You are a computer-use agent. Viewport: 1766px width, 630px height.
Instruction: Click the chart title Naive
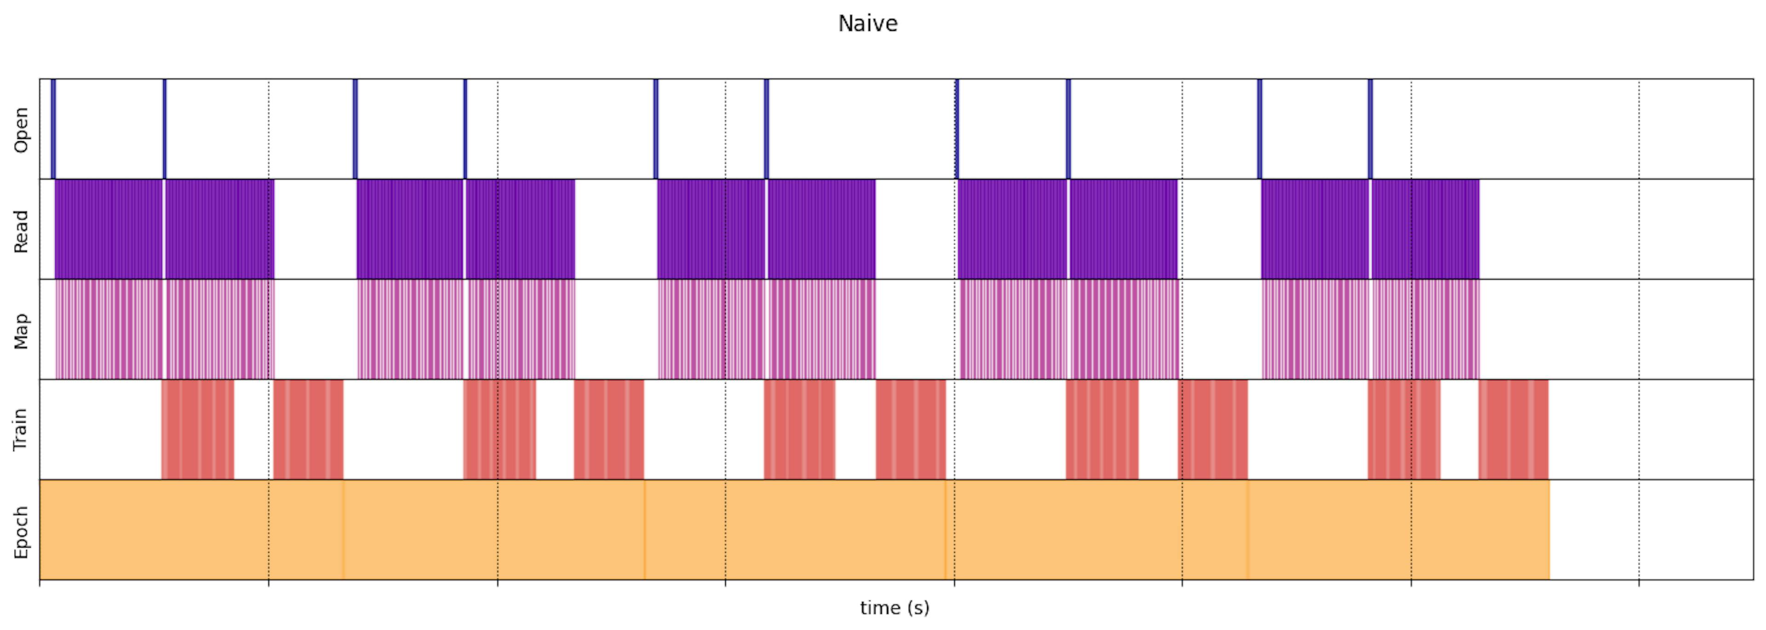click(867, 24)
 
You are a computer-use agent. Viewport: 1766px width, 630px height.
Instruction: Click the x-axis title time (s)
click(894, 607)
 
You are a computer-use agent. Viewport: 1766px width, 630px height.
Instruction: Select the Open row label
click(21, 130)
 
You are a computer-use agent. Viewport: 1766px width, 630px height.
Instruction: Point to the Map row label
click(21, 331)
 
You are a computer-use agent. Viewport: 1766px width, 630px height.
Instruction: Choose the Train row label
click(21, 429)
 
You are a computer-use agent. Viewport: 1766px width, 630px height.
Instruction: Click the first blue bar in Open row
click(53, 129)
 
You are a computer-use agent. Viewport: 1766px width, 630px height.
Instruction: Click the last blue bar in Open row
click(1370, 129)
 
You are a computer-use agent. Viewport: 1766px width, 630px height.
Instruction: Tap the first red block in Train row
click(197, 429)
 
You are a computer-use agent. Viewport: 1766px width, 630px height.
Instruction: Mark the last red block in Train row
click(1513, 429)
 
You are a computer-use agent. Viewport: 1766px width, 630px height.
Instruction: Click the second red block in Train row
click(308, 429)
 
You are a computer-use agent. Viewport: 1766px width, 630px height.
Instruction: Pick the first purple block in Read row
click(109, 229)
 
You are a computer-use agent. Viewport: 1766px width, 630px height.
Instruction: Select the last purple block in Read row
click(1425, 229)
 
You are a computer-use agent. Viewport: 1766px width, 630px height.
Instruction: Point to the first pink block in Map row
click(109, 329)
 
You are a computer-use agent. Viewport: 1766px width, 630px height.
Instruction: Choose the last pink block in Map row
click(1425, 329)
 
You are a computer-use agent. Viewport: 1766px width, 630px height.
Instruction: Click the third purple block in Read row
click(410, 229)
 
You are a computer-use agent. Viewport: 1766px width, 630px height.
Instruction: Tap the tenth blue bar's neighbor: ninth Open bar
click(1259, 129)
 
